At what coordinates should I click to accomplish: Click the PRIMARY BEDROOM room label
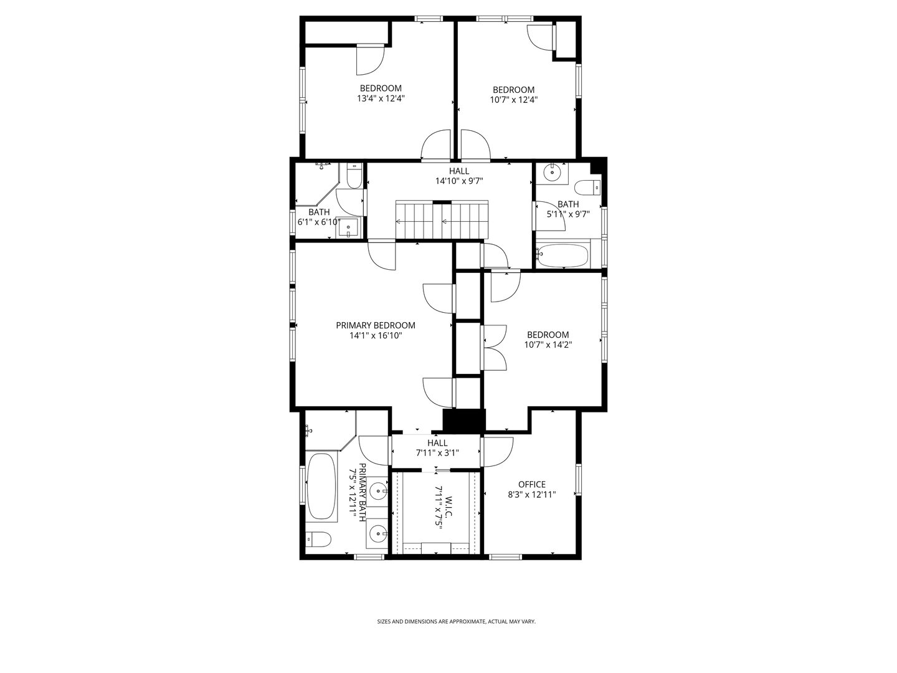pos(375,325)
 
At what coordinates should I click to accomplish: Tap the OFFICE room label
pos(531,484)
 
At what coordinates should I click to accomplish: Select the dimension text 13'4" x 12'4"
pos(381,98)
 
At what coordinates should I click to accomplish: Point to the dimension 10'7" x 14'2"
pos(548,345)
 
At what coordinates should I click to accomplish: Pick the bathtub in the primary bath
pos(321,486)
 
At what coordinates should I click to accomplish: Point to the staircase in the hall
pos(442,221)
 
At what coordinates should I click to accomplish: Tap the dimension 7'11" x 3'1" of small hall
pos(437,453)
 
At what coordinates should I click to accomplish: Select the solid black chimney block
pos(463,421)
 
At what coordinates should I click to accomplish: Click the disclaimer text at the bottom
pos(456,621)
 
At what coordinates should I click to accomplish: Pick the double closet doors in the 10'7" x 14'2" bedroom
pos(494,347)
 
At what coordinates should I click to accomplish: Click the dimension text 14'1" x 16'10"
pos(375,336)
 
